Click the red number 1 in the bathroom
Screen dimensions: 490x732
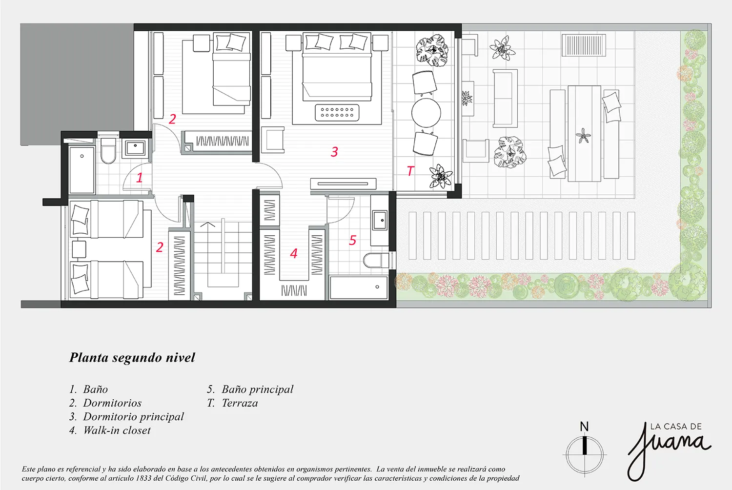140,177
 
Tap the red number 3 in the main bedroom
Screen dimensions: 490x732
334,152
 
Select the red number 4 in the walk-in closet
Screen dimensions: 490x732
294,253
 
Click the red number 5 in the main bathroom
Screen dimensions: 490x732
353,240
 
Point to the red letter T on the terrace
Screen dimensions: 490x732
410,171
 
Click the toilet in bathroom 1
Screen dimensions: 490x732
108,152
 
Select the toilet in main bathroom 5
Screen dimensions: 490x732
376,260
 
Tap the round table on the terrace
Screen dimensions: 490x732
426,113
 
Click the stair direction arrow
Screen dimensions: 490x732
208,226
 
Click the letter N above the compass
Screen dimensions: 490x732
584,427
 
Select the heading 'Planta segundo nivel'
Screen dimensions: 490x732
132,358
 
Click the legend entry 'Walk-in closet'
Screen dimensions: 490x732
117,430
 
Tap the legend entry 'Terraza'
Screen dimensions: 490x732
239,403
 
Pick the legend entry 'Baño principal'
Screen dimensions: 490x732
257,389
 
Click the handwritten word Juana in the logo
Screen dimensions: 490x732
669,447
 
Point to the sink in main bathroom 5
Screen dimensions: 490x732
380,220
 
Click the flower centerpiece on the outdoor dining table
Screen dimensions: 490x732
583,136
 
